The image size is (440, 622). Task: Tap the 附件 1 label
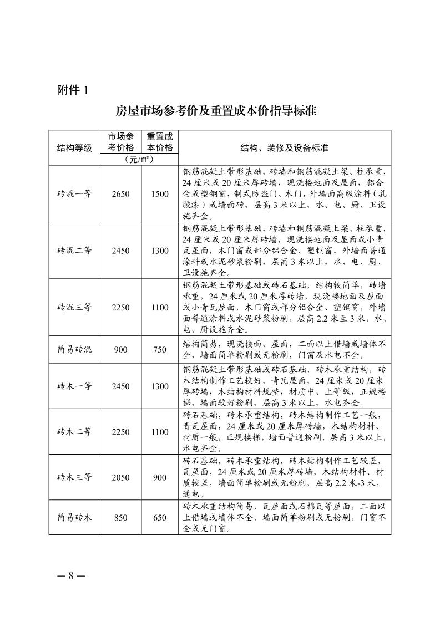72,90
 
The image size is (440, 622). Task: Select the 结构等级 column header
74,148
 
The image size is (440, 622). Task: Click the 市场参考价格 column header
120,142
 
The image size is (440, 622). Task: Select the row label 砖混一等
74,193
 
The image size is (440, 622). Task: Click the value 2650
120,193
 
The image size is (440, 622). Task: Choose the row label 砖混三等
74,308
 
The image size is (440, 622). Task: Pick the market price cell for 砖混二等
120,251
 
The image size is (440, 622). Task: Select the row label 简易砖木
74,517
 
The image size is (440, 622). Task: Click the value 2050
120,477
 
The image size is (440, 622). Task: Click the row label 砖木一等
74,386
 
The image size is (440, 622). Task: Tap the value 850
120,517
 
